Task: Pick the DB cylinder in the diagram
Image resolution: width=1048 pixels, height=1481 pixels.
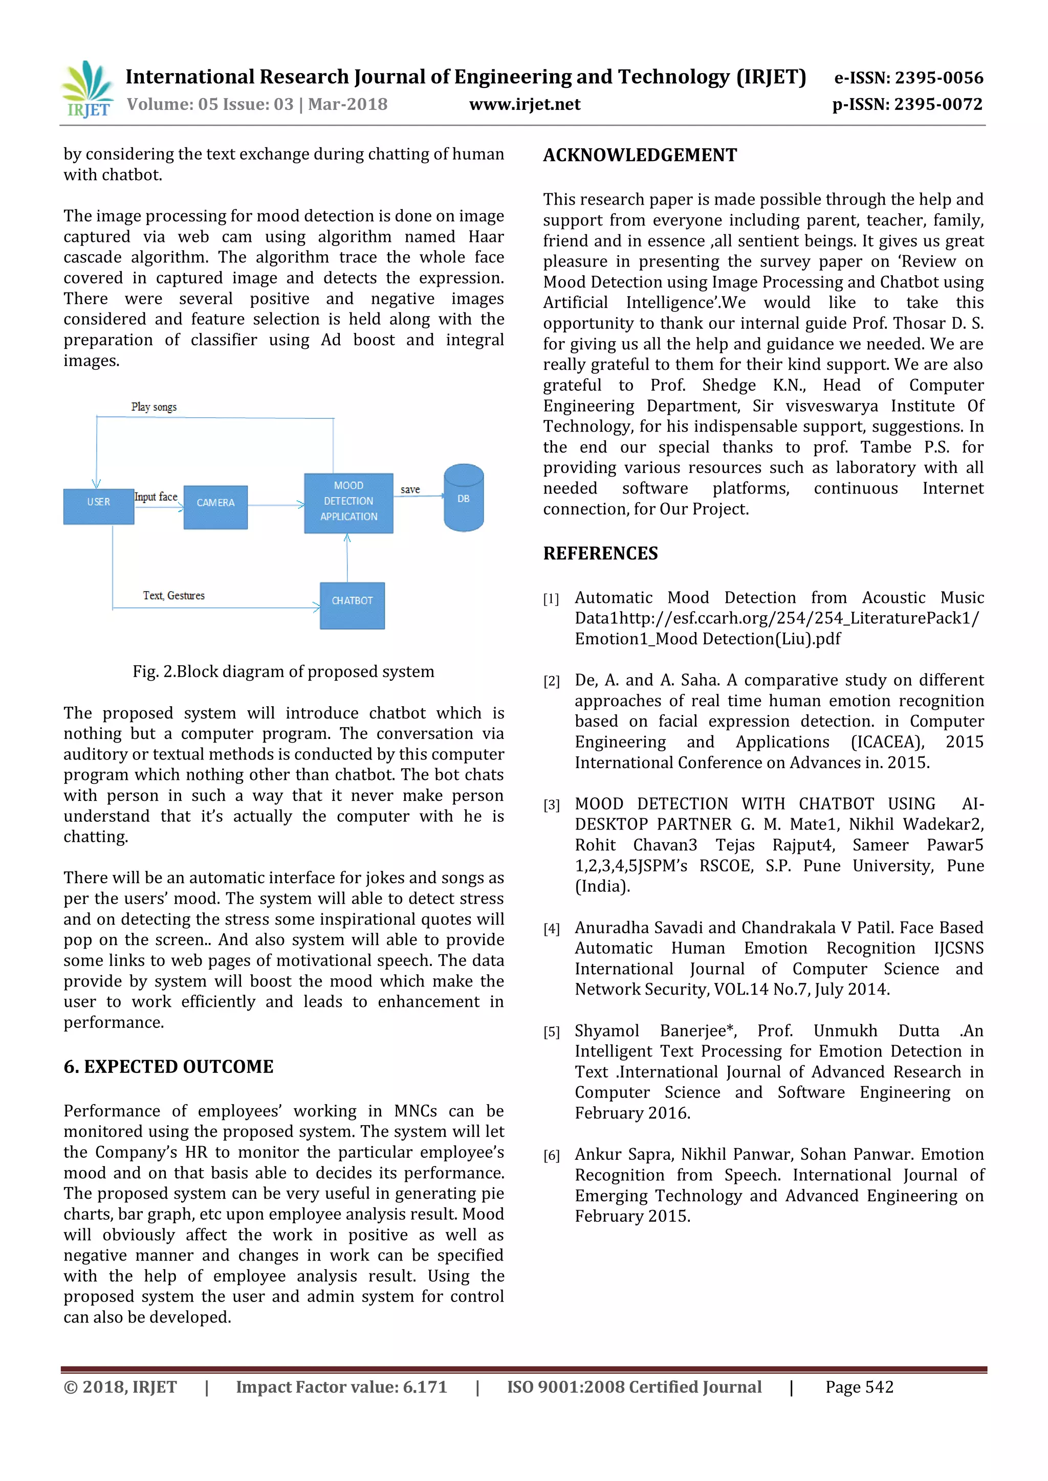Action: click(463, 498)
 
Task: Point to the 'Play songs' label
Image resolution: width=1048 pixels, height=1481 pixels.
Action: click(154, 407)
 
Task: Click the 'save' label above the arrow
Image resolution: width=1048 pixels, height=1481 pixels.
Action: click(410, 489)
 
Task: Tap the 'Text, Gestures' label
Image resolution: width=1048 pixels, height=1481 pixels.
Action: click(173, 595)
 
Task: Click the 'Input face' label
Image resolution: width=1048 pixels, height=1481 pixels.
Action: click(156, 497)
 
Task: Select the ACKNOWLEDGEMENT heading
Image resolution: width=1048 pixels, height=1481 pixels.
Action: click(640, 155)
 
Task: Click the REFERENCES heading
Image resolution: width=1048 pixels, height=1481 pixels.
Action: click(600, 553)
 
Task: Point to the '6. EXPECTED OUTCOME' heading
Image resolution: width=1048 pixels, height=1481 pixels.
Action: click(168, 1066)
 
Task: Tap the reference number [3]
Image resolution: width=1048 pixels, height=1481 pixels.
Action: click(551, 805)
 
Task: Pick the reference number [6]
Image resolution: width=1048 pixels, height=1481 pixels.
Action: click(551, 1155)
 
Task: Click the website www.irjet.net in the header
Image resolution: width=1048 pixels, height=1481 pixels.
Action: click(525, 104)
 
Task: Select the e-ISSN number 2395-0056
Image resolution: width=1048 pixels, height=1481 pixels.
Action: click(939, 78)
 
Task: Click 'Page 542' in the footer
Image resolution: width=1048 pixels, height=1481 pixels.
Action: click(859, 1387)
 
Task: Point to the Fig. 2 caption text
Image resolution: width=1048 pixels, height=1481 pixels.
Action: click(283, 671)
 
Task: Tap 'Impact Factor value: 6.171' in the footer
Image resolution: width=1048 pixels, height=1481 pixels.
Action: click(341, 1387)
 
